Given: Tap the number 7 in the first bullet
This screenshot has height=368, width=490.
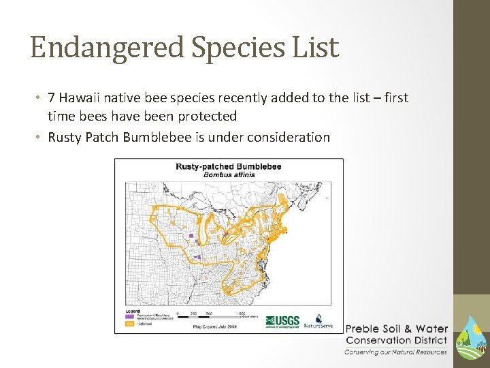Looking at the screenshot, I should click(x=51, y=97).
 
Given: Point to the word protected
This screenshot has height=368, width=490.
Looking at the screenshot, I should click(x=207, y=117).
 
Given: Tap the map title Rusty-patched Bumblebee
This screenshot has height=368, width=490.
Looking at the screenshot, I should click(x=228, y=166).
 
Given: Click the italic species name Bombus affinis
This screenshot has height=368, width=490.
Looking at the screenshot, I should click(x=228, y=174).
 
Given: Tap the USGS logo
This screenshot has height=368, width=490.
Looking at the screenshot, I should click(x=282, y=320).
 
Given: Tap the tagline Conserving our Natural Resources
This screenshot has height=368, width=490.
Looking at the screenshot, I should click(x=395, y=352).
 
